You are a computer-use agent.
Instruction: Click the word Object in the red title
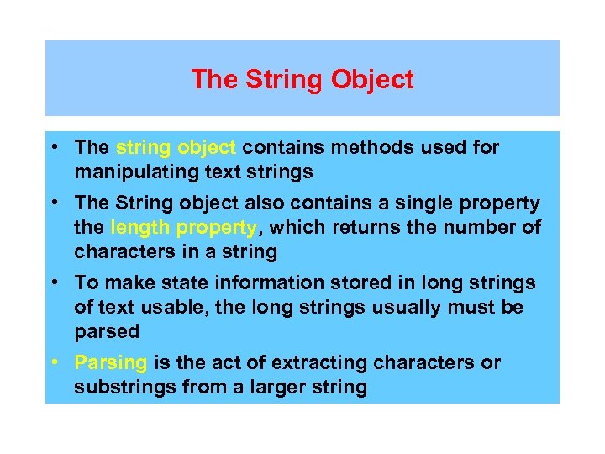click(372, 80)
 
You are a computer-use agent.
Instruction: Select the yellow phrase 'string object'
click(176, 148)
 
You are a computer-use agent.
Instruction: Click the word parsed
click(107, 332)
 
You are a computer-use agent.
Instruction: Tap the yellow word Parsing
click(111, 363)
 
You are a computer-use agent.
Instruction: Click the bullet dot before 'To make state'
click(54, 283)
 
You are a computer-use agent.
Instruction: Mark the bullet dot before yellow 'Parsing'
click(54, 363)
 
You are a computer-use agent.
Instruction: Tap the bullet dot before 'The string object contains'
click(54, 148)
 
